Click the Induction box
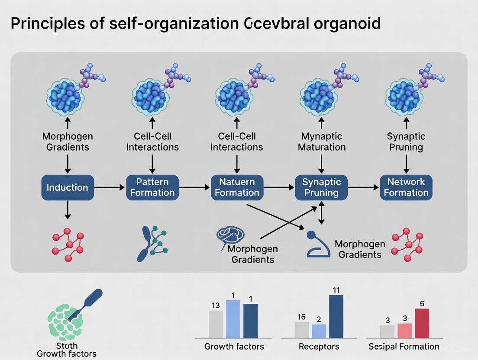[67, 187]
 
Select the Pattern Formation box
[152, 187]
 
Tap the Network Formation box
[406, 187]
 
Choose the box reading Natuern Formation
[237, 187]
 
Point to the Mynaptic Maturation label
[321, 141]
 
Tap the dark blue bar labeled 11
[336, 316]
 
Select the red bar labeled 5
[422, 323]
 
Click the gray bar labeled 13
[216, 324]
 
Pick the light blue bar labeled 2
[319, 331]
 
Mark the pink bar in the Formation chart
[404, 331]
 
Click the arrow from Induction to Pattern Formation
[110, 187]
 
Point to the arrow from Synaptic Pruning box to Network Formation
[363, 187]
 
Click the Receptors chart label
[319, 347]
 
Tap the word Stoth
[67, 346]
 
